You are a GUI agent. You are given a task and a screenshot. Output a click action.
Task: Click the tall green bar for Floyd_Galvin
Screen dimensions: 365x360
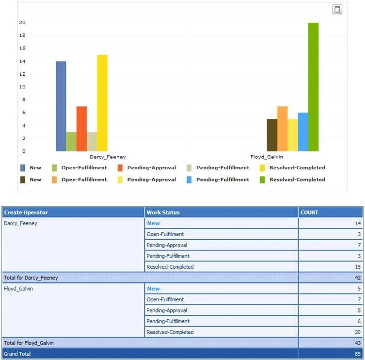313,87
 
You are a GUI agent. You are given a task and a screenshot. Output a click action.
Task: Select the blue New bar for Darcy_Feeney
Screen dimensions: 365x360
61,106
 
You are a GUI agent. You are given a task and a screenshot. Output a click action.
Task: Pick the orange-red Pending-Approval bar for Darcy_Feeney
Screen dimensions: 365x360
82,129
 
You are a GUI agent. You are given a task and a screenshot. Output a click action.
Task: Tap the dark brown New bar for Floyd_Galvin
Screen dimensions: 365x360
272,135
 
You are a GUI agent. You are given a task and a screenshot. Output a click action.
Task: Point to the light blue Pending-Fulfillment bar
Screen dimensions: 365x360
303,132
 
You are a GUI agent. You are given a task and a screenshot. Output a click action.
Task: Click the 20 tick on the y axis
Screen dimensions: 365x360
22,23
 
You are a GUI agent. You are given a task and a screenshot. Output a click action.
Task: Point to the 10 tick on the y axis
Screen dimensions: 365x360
22,87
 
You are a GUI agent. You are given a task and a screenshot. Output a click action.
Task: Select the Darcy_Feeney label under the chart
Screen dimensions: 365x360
108,157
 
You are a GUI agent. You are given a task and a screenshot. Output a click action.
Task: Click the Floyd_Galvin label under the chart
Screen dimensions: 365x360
267,157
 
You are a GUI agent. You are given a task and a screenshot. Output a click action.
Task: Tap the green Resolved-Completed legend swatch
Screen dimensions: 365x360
262,180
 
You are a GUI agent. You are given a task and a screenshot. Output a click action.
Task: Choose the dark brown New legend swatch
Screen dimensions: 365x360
23,180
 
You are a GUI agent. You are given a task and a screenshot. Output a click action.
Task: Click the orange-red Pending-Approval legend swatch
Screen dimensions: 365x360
120,168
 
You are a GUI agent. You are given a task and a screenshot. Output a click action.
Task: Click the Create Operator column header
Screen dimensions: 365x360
26,213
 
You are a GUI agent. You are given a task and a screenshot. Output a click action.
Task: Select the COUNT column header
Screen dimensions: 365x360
309,213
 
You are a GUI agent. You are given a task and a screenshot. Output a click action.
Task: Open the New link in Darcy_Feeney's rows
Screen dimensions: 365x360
153,223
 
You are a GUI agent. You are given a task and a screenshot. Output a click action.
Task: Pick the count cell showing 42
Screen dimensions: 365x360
358,278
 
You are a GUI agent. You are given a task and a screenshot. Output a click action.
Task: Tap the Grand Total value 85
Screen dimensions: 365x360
358,354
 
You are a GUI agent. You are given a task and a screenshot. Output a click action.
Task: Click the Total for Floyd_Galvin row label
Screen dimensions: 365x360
29,343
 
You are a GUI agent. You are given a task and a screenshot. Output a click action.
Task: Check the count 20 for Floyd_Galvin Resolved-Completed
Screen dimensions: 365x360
358,332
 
